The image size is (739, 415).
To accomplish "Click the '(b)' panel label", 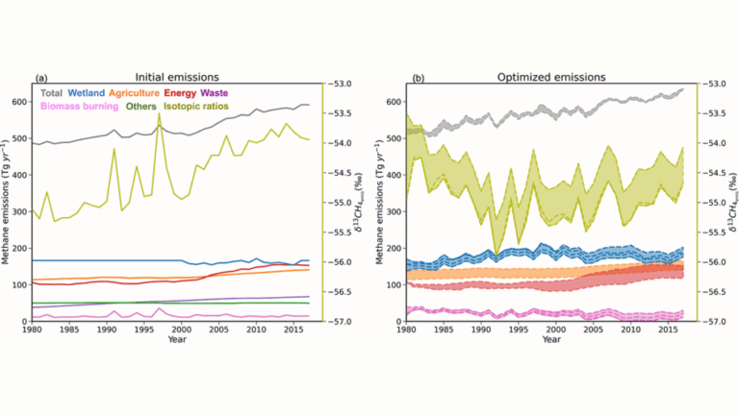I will click(x=415, y=76).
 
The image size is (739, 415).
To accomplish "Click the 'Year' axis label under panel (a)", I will click(x=175, y=340).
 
